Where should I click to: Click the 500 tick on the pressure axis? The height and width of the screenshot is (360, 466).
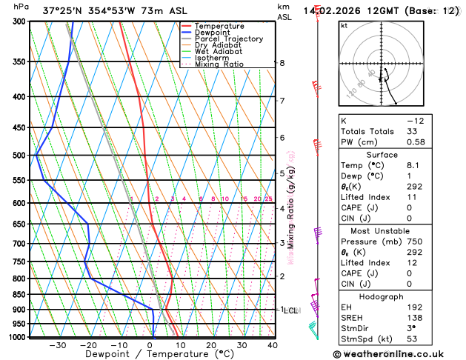coord(19,156)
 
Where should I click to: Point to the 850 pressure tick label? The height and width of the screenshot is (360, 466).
coord(19,295)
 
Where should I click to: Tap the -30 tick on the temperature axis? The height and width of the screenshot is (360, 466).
coord(57,345)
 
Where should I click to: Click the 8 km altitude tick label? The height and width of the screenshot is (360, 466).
coord(282,63)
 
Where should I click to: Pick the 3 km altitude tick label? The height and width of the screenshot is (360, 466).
coord(282,243)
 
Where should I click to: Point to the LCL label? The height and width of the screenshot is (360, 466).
coord(291,310)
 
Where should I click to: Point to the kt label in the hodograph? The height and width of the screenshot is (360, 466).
coord(344,25)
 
